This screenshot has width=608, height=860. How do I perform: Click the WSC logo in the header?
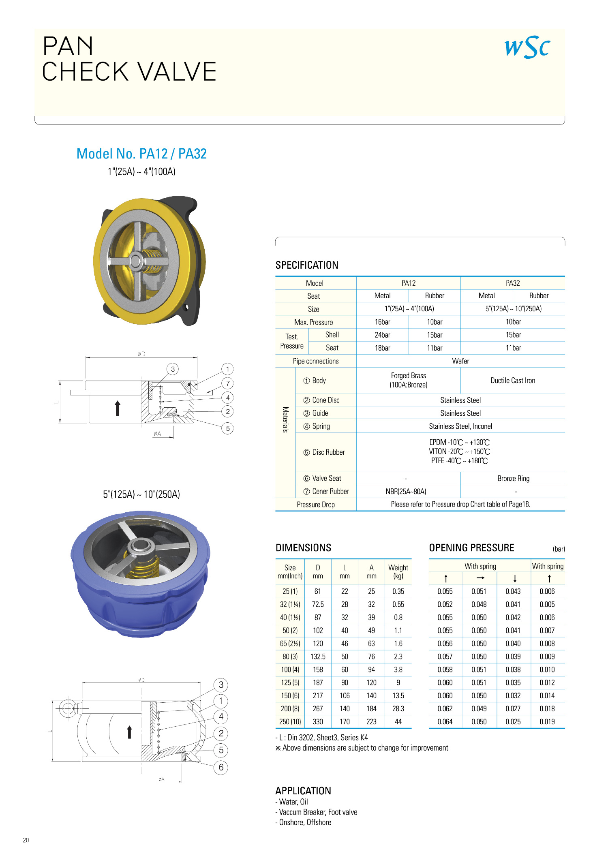coord(527,47)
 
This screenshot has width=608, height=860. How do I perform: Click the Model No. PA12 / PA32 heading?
coord(141,154)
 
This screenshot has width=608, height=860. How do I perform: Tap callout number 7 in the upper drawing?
coord(228,383)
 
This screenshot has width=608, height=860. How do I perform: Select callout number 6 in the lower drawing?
coord(221,767)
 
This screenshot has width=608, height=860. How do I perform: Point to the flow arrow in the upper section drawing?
coord(118,408)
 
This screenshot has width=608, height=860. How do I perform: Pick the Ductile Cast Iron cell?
coord(513,381)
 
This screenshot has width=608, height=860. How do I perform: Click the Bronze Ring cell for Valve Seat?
coord(513,479)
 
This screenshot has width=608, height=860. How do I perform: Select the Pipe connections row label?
coord(316,361)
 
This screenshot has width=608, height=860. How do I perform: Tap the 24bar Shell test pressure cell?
coord(382,335)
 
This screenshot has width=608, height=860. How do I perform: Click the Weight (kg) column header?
coord(398,571)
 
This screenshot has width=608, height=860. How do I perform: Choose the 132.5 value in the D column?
coord(318,657)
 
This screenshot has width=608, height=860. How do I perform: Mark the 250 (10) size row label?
coord(290,722)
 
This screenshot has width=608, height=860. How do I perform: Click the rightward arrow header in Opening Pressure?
coord(480,578)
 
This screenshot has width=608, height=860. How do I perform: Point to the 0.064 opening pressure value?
coord(445,722)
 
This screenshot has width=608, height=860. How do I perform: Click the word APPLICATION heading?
coord(303,791)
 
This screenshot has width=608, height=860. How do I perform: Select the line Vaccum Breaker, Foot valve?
coord(318,812)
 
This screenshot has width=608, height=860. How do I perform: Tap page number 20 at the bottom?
coord(26,840)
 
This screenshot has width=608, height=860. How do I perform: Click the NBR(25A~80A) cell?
coord(406,492)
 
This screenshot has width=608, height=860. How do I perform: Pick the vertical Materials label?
coord(285,420)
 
